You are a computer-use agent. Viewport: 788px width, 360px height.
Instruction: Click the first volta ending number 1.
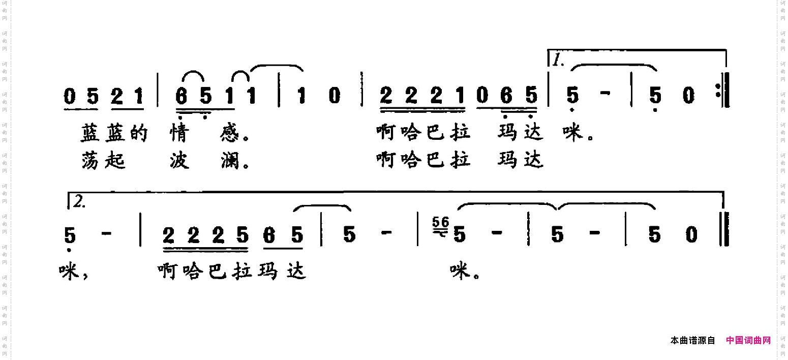(x=558, y=61)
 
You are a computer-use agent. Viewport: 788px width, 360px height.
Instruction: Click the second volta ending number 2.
(x=79, y=202)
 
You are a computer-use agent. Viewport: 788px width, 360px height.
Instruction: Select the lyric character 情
(x=179, y=133)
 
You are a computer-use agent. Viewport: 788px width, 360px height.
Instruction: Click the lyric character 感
(x=230, y=133)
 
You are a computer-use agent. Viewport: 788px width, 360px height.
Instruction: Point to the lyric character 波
(x=179, y=161)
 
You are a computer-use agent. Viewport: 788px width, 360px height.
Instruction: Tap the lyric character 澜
(x=230, y=161)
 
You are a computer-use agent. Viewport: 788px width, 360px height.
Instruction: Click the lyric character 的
(x=139, y=133)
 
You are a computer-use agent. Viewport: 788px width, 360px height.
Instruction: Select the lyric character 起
(x=115, y=161)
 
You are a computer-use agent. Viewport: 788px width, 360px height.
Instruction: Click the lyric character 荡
(x=90, y=161)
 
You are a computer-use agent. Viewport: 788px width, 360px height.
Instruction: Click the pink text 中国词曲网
(x=748, y=340)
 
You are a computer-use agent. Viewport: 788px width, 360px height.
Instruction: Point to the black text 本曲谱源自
(x=692, y=340)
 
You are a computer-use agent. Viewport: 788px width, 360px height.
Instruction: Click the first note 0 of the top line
(x=70, y=96)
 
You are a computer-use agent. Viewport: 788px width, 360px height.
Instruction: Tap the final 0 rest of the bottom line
(x=691, y=235)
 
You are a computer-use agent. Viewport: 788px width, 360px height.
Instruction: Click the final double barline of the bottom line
(x=724, y=229)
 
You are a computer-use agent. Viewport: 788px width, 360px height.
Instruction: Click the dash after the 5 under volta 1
(x=605, y=93)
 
